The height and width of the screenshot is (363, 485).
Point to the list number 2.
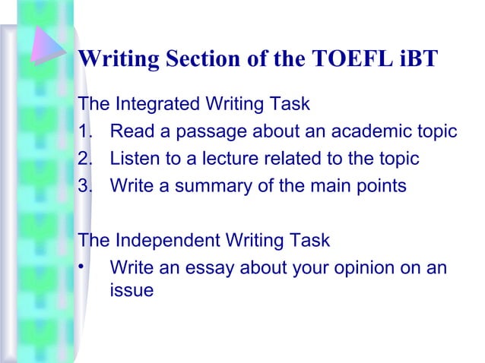(84, 159)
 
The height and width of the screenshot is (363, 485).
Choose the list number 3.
(84, 186)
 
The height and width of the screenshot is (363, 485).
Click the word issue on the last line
(132, 289)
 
